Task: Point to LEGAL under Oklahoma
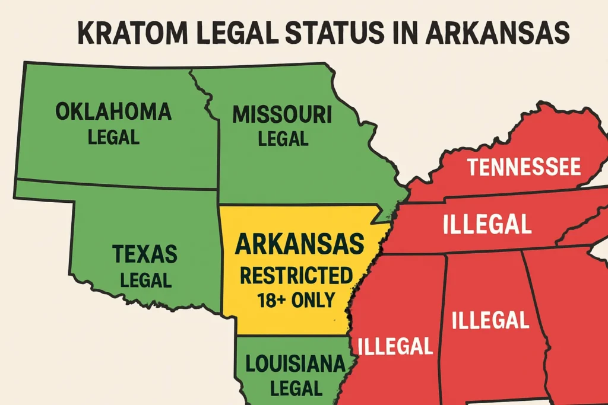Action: click(x=113, y=138)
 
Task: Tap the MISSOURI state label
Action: click(x=281, y=115)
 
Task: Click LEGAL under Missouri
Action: click(x=283, y=139)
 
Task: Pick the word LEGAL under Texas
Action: click(x=145, y=279)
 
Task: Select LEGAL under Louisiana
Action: click(x=296, y=388)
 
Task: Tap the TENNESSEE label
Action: click(x=523, y=168)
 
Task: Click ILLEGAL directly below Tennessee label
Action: click(x=486, y=225)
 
